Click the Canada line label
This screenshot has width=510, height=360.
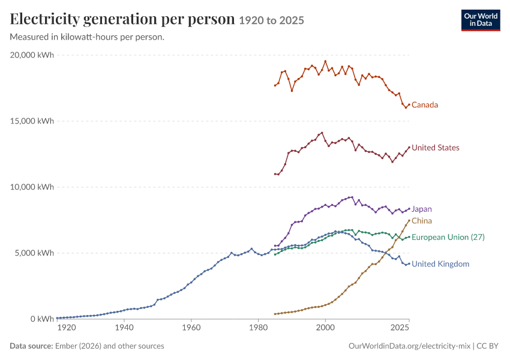pos(425,105)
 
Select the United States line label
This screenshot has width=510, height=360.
pos(436,148)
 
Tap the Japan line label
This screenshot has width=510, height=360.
pos(422,209)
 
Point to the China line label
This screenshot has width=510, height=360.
pos(422,221)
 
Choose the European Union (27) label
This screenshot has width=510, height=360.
pos(448,237)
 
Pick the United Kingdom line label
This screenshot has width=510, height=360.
pos(440,264)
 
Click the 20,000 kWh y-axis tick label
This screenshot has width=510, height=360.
pos(32,55)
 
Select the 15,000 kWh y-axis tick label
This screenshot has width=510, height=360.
pos(32,121)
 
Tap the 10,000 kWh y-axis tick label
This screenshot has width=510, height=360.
pos(32,187)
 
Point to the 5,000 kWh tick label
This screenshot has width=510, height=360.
pos(34,253)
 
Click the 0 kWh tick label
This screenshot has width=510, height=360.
pos(42,319)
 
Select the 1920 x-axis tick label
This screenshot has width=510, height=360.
pos(67,328)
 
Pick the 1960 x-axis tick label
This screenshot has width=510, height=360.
pos(191,328)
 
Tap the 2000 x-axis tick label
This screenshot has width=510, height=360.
pos(325,328)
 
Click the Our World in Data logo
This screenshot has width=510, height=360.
pos(481,20)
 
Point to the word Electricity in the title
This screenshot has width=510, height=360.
pos(45,19)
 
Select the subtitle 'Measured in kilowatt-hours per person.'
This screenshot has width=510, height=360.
pos(87,37)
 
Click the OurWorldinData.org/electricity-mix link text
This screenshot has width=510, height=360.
pos(409,346)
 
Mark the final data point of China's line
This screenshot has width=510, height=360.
pos(409,220)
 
